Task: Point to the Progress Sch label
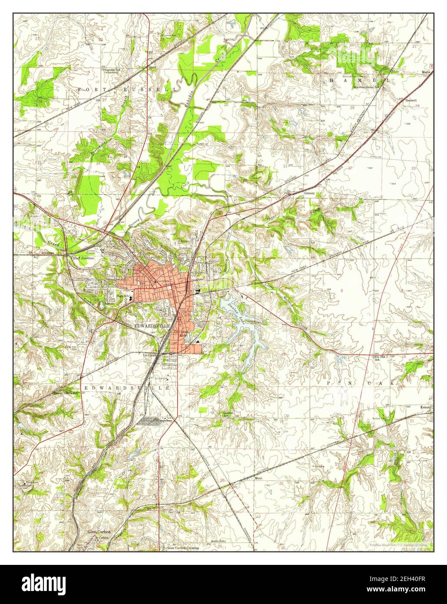tap(111, 70)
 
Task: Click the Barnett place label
tap(411, 100)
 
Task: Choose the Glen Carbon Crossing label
tap(183, 548)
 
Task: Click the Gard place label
tap(152, 68)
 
